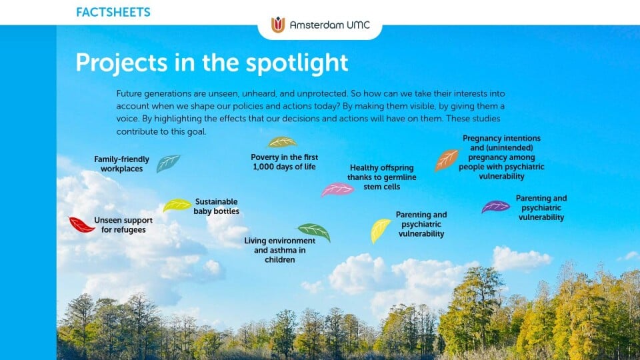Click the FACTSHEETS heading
coord(113,12)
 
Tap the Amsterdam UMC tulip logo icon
coord(278,25)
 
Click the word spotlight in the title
coord(297,63)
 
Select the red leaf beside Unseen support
coord(81,225)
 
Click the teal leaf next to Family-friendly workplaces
coord(168,163)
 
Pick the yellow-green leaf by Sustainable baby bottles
coord(177,205)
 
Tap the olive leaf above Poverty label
coord(282,142)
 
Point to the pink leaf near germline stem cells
coord(337,189)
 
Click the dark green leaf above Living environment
coord(314,231)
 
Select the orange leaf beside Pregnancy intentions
coord(447,159)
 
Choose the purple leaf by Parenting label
coord(495,207)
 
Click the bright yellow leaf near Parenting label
coord(380,230)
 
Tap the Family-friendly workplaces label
coord(121,164)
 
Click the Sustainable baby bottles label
coord(216,207)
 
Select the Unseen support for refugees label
coord(123,225)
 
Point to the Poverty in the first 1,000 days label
coord(285,162)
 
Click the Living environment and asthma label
coord(279,250)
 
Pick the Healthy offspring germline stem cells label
coord(381,177)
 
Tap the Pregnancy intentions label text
coord(501,157)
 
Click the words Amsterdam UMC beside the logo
coord(330,25)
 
